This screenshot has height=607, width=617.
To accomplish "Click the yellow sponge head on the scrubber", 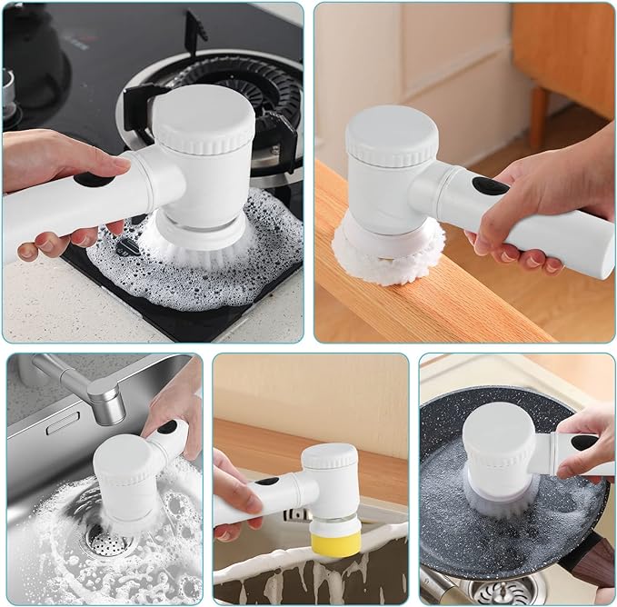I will tap(336, 542).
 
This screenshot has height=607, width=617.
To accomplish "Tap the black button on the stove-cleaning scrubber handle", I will tap(92, 179).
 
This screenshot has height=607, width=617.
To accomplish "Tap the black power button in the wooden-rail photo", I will tap(490, 186).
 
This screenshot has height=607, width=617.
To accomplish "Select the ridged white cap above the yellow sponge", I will tap(330, 456).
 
